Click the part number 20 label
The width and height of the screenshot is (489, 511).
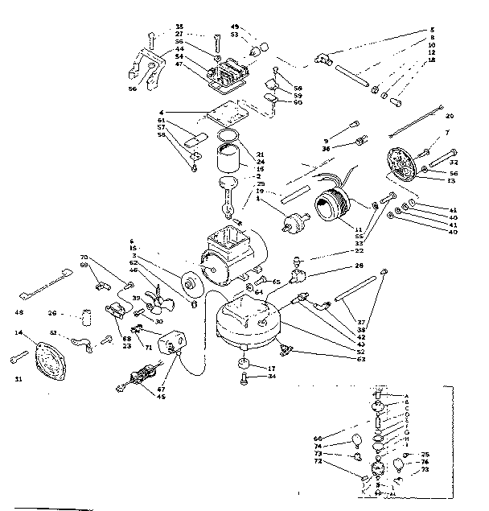click(449, 116)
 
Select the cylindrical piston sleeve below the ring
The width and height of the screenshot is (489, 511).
click(229, 158)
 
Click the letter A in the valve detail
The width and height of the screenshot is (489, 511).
click(407, 395)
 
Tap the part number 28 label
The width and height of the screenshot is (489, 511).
click(359, 266)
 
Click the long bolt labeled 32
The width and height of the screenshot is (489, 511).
click(439, 151)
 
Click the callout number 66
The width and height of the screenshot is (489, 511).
click(318, 439)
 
